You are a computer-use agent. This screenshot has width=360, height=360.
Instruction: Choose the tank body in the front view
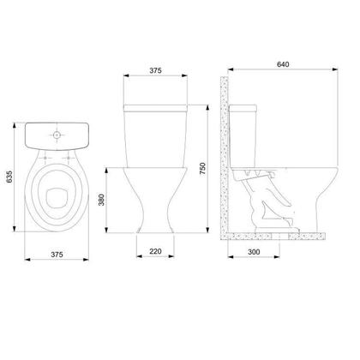pos(155,137)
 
